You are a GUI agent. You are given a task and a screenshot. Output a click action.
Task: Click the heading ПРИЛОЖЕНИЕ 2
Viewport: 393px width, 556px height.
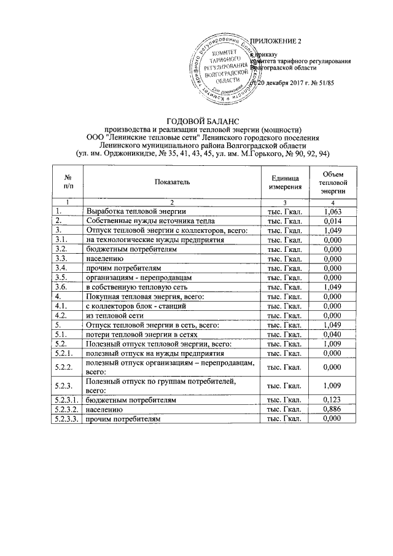[x=279, y=41]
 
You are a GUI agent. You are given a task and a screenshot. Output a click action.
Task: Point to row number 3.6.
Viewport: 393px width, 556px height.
[x=60, y=287]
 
